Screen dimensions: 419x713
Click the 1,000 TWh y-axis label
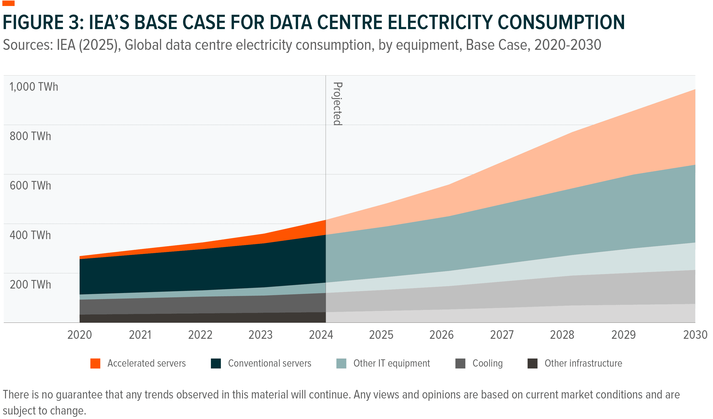click(34, 87)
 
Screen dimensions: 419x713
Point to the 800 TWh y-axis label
click(30, 136)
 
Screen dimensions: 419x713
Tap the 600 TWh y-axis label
click(30, 186)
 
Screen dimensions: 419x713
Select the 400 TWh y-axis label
click(30, 235)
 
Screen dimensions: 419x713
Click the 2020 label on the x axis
click(80, 335)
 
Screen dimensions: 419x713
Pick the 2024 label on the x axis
click(321, 335)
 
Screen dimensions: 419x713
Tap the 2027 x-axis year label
click(502, 335)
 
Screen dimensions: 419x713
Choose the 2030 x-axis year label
click(695, 335)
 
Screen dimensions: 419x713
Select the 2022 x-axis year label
click(200, 335)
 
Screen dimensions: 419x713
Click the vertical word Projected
click(337, 104)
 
